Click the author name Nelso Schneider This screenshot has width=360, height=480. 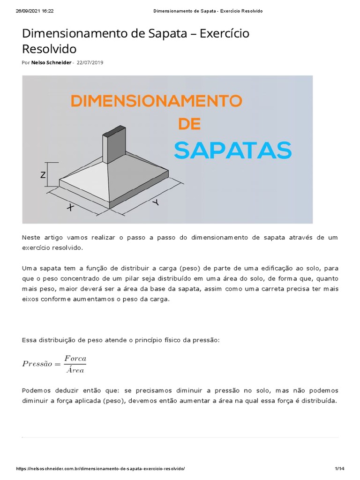52,63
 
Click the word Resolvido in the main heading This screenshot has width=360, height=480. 49,49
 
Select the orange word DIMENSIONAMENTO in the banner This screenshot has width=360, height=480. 156,101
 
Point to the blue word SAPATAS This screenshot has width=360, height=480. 232,150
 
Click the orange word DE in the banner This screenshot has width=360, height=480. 189,124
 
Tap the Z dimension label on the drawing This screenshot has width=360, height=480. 43,175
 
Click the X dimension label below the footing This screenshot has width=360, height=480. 70,208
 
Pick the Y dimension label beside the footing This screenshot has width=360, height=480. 155,202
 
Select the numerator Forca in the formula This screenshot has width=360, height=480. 75,358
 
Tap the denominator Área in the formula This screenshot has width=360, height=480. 75,370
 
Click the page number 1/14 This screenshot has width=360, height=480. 339,469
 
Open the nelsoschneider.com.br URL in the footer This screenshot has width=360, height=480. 101,469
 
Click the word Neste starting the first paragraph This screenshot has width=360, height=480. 31,238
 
